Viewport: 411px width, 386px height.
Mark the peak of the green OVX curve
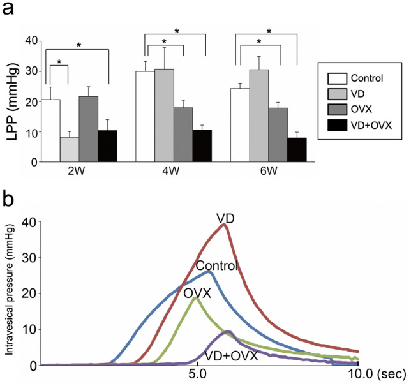[196, 298]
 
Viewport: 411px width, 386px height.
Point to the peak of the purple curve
[227, 332]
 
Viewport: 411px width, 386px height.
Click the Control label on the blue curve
[217, 265]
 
